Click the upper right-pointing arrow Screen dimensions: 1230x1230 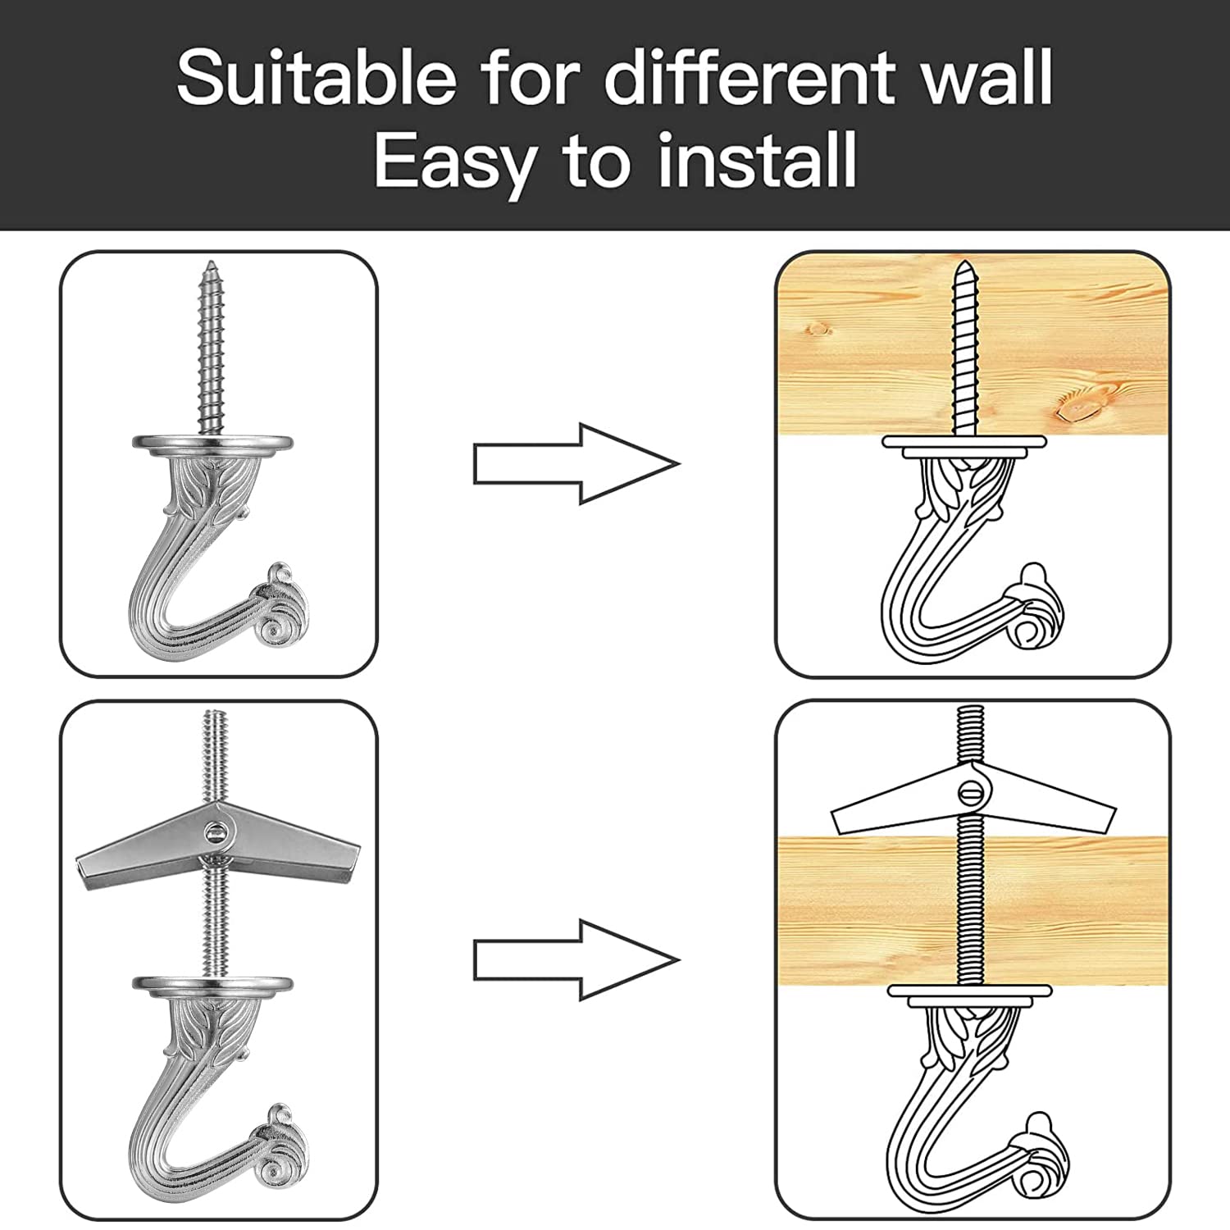(576, 463)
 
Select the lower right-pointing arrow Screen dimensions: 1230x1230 (576, 959)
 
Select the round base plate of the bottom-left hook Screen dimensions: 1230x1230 (213, 984)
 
